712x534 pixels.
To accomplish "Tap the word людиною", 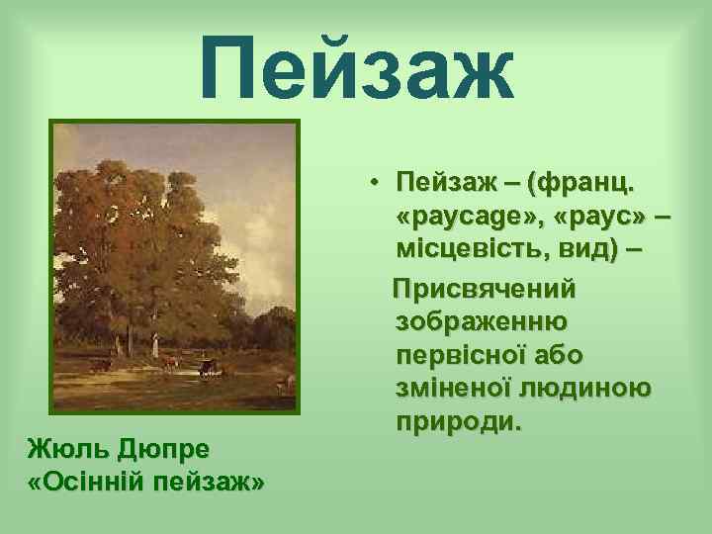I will tap(593, 388).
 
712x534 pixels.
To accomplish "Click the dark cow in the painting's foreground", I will tap(206, 370).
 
